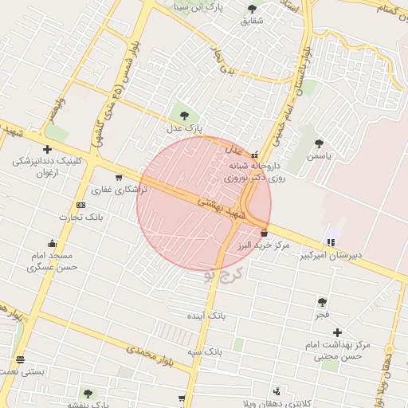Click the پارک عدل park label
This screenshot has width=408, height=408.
185,127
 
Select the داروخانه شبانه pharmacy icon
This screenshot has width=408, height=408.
254,155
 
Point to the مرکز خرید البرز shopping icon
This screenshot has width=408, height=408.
265,233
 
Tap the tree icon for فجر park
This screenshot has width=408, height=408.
322,302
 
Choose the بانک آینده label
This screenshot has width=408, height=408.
207,316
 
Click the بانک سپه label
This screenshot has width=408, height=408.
204,351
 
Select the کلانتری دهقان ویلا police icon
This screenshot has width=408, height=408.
277,391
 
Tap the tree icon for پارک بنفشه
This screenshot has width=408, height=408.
88,393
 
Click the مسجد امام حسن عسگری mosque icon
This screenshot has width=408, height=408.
52,244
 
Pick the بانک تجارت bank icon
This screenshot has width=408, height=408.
80,205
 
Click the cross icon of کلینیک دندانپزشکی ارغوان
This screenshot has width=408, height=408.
48,149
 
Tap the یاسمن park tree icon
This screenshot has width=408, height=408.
319,143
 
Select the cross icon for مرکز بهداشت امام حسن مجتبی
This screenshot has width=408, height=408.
338,332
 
